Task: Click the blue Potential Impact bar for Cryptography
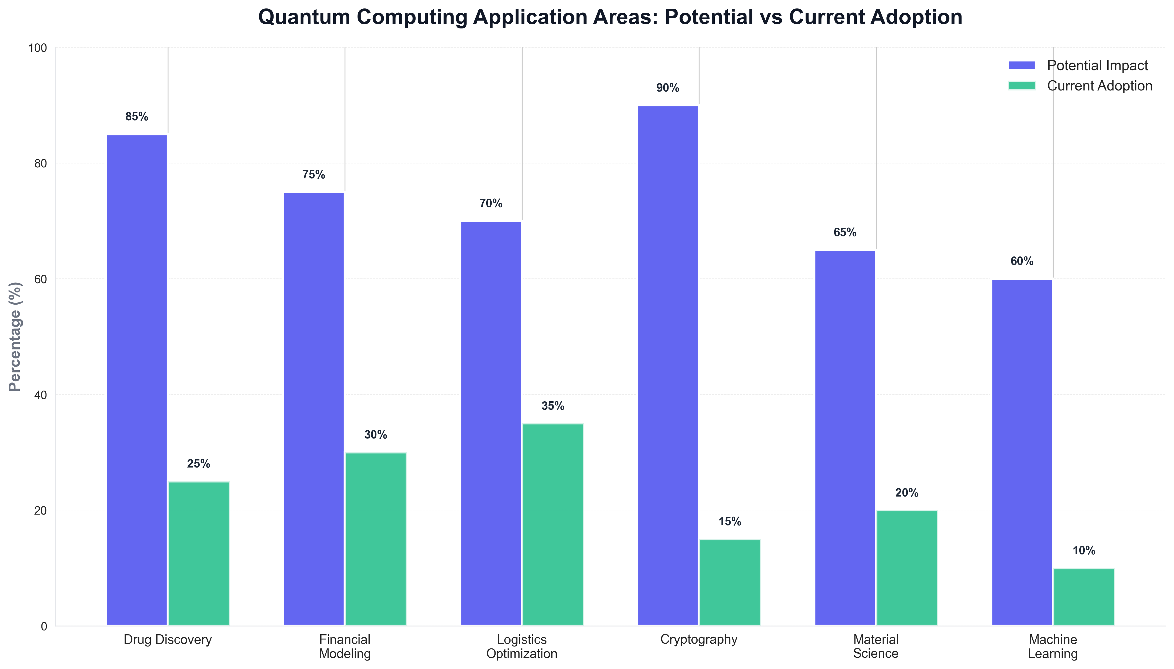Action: click(x=668, y=365)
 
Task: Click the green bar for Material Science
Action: click(x=907, y=568)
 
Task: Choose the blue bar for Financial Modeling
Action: click(x=314, y=409)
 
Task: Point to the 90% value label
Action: click(x=667, y=88)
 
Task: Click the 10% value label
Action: click(x=1084, y=550)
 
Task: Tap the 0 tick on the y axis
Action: click(x=44, y=626)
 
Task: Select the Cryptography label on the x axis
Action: click(x=699, y=639)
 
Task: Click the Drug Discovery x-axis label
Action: click(x=168, y=639)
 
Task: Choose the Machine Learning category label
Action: click(x=1053, y=646)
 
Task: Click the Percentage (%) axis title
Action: click(x=15, y=336)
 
